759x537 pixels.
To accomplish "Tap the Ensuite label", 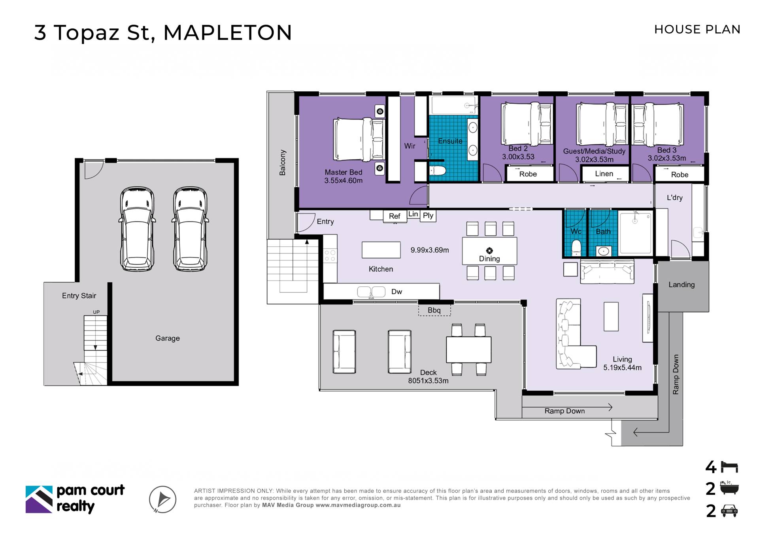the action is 450,141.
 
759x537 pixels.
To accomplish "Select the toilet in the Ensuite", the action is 438,171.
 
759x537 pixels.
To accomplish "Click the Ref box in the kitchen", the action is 395,216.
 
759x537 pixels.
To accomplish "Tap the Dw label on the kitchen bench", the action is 396,292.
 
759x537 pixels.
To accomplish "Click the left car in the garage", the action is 137,229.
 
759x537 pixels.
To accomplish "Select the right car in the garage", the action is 190,229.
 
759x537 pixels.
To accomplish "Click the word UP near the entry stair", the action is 96,312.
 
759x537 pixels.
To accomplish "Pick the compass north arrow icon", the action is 162,499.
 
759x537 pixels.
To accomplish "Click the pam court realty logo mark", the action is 39,499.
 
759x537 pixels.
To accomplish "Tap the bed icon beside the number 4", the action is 729,467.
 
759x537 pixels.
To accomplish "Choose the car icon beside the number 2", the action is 729,511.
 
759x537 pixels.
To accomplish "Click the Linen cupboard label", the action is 604,174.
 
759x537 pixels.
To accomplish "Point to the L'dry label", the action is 674,198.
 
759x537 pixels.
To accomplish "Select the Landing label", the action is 682,285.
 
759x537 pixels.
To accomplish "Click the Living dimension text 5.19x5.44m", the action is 622,368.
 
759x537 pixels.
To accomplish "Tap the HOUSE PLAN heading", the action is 697,29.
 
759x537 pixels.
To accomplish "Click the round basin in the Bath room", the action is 603,251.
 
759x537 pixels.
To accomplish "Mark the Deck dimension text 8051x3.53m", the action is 428,381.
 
